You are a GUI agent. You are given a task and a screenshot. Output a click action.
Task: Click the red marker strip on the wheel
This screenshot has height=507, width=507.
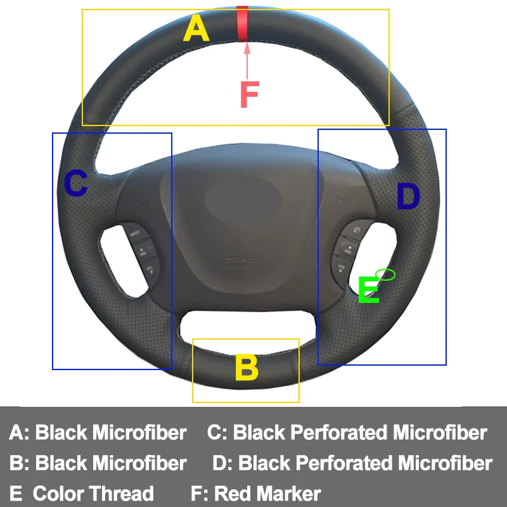pyautogui.click(x=243, y=24)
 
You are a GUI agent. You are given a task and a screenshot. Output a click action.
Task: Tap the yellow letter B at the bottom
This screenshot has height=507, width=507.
pyautogui.click(x=247, y=368)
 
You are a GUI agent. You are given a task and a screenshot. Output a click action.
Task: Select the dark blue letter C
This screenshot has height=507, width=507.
pyautogui.click(x=76, y=184)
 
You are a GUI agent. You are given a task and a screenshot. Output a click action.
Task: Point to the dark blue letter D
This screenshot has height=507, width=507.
pyautogui.click(x=408, y=197)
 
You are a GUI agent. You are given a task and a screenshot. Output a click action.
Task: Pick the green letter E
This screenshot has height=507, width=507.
pyautogui.click(x=369, y=291)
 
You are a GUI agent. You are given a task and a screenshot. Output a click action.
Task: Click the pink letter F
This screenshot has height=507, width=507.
pyautogui.click(x=249, y=95)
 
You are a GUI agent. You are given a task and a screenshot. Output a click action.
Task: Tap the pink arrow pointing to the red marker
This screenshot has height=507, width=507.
pyautogui.click(x=246, y=60)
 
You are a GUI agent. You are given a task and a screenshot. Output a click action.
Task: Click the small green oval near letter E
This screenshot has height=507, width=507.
pyautogui.click(x=385, y=274)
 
